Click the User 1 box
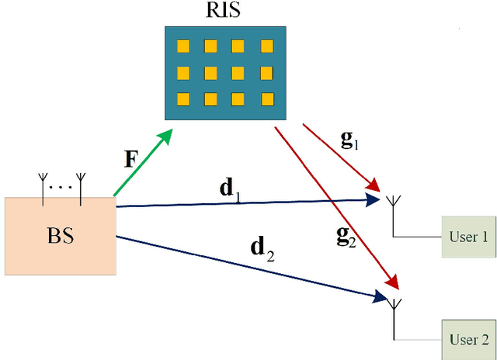coord(467,237)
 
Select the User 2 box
coord(469,339)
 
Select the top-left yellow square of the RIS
coord(184,47)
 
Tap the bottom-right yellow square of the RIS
coord(266,99)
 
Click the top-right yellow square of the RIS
coord(266,47)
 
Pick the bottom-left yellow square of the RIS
coord(184,99)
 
